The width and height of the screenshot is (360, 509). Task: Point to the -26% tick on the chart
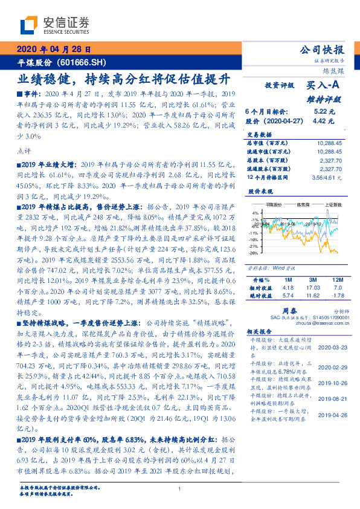coord(254,253)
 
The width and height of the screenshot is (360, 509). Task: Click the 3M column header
coord(313,280)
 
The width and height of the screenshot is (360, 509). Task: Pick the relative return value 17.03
coord(313,288)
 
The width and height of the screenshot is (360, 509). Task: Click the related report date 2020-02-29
coord(330,367)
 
